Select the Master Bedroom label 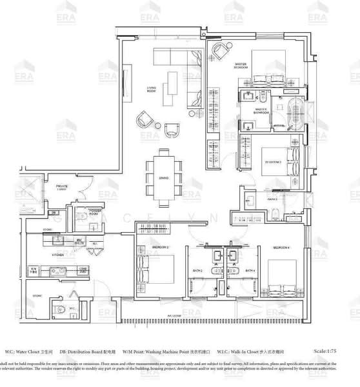[241, 64]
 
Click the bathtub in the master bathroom [294, 115]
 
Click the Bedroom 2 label [143, 248]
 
